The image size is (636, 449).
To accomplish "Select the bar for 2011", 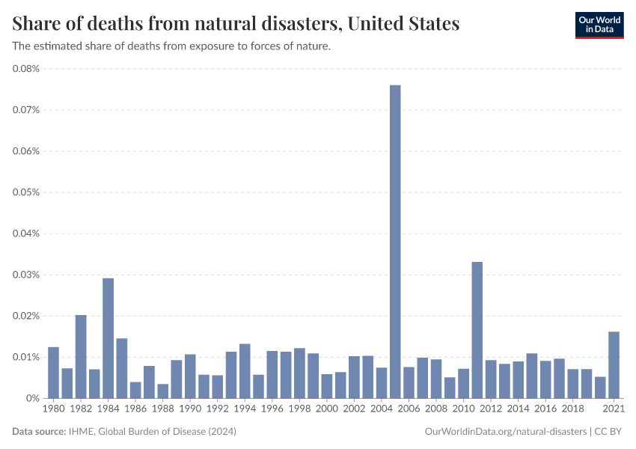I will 477,330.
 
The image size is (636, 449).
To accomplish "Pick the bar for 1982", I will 81,356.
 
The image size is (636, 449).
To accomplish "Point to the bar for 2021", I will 614,365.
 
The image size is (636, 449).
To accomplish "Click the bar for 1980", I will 53,373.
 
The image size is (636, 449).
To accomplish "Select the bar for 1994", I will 245,371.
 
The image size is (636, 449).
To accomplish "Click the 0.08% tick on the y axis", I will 27,69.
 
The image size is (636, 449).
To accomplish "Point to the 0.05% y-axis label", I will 27,192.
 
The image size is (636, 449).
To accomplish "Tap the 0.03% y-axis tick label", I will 27,275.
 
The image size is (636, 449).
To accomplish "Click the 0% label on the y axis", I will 33,398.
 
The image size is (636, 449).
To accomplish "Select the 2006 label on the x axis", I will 409,409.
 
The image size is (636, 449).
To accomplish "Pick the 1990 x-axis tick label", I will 190,409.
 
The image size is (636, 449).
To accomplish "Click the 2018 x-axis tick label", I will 572,409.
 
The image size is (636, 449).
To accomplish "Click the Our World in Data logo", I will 599,25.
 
